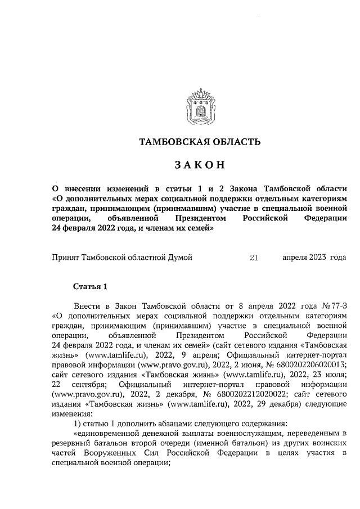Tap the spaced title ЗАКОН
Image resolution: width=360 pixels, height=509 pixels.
[x=200, y=165]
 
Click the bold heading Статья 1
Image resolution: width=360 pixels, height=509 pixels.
[x=90, y=287]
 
